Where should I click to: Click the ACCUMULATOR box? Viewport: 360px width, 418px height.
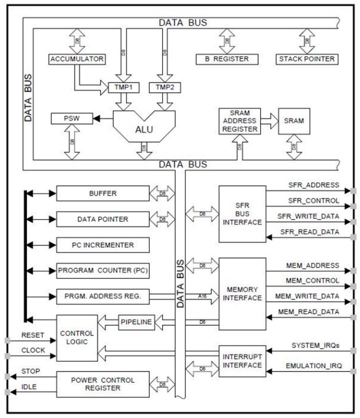coord(76,59)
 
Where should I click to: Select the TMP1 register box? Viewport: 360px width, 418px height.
coord(124,87)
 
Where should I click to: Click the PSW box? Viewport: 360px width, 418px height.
coord(67,119)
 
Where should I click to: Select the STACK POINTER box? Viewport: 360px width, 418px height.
coord(306,59)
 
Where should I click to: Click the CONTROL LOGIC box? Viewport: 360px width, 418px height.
coord(76,337)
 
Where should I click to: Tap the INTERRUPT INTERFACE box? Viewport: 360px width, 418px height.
coord(242,360)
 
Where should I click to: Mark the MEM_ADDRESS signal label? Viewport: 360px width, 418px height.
coord(312,265)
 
